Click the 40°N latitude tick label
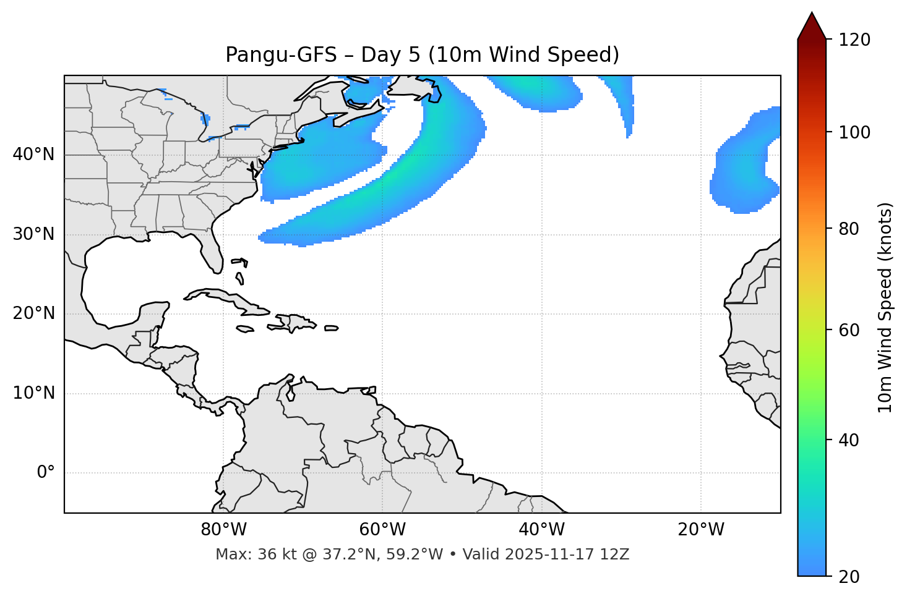click(33, 155)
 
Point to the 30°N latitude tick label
click(33, 234)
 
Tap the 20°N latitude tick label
click(33, 313)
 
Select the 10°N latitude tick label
click(33, 393)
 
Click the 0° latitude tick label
click(46, 473)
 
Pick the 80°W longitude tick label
click(223, 530)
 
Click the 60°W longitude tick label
click(382, 530)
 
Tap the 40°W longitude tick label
click(541, 530)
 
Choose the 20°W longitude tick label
click(701, 530)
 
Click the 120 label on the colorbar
click(854, 40)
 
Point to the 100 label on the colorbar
click(854, 132)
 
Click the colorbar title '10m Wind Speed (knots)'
click(885, 307)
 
